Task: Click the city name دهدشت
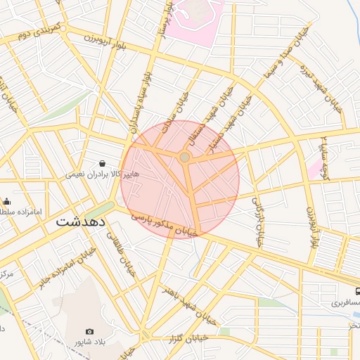click(x=81, y=221)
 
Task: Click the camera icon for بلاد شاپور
click(x=89, y=331)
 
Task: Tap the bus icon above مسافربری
click(x=358, y=290)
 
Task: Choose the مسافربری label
click(x=345, y=303)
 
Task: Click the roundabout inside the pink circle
click(x=184, y=157)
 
